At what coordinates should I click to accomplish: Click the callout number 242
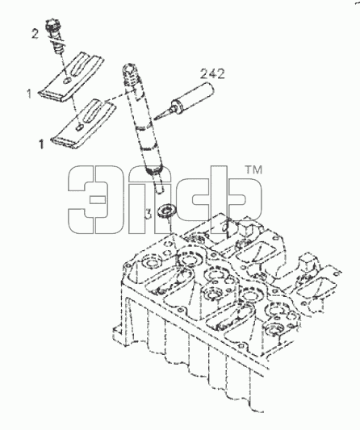coord(212,74)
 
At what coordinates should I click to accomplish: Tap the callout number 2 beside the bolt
coord(35,34)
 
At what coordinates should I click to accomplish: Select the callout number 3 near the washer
coord(149,214)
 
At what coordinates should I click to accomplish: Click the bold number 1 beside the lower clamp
coord(41,144)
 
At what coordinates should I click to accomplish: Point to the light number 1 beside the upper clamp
coord(29,94)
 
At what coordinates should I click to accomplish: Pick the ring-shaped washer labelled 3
coord(167,211)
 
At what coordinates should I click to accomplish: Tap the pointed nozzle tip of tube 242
coord(155,119)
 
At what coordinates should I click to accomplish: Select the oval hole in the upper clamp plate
coord(67,81)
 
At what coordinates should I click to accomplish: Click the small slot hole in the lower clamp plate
coord(80,127)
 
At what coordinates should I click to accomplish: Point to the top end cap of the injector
coord(128,69)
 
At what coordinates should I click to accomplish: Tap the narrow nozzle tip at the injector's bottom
coord(158,185)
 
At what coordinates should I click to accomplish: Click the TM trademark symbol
coord(253,170)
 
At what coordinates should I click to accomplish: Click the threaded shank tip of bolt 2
coord(58,49)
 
